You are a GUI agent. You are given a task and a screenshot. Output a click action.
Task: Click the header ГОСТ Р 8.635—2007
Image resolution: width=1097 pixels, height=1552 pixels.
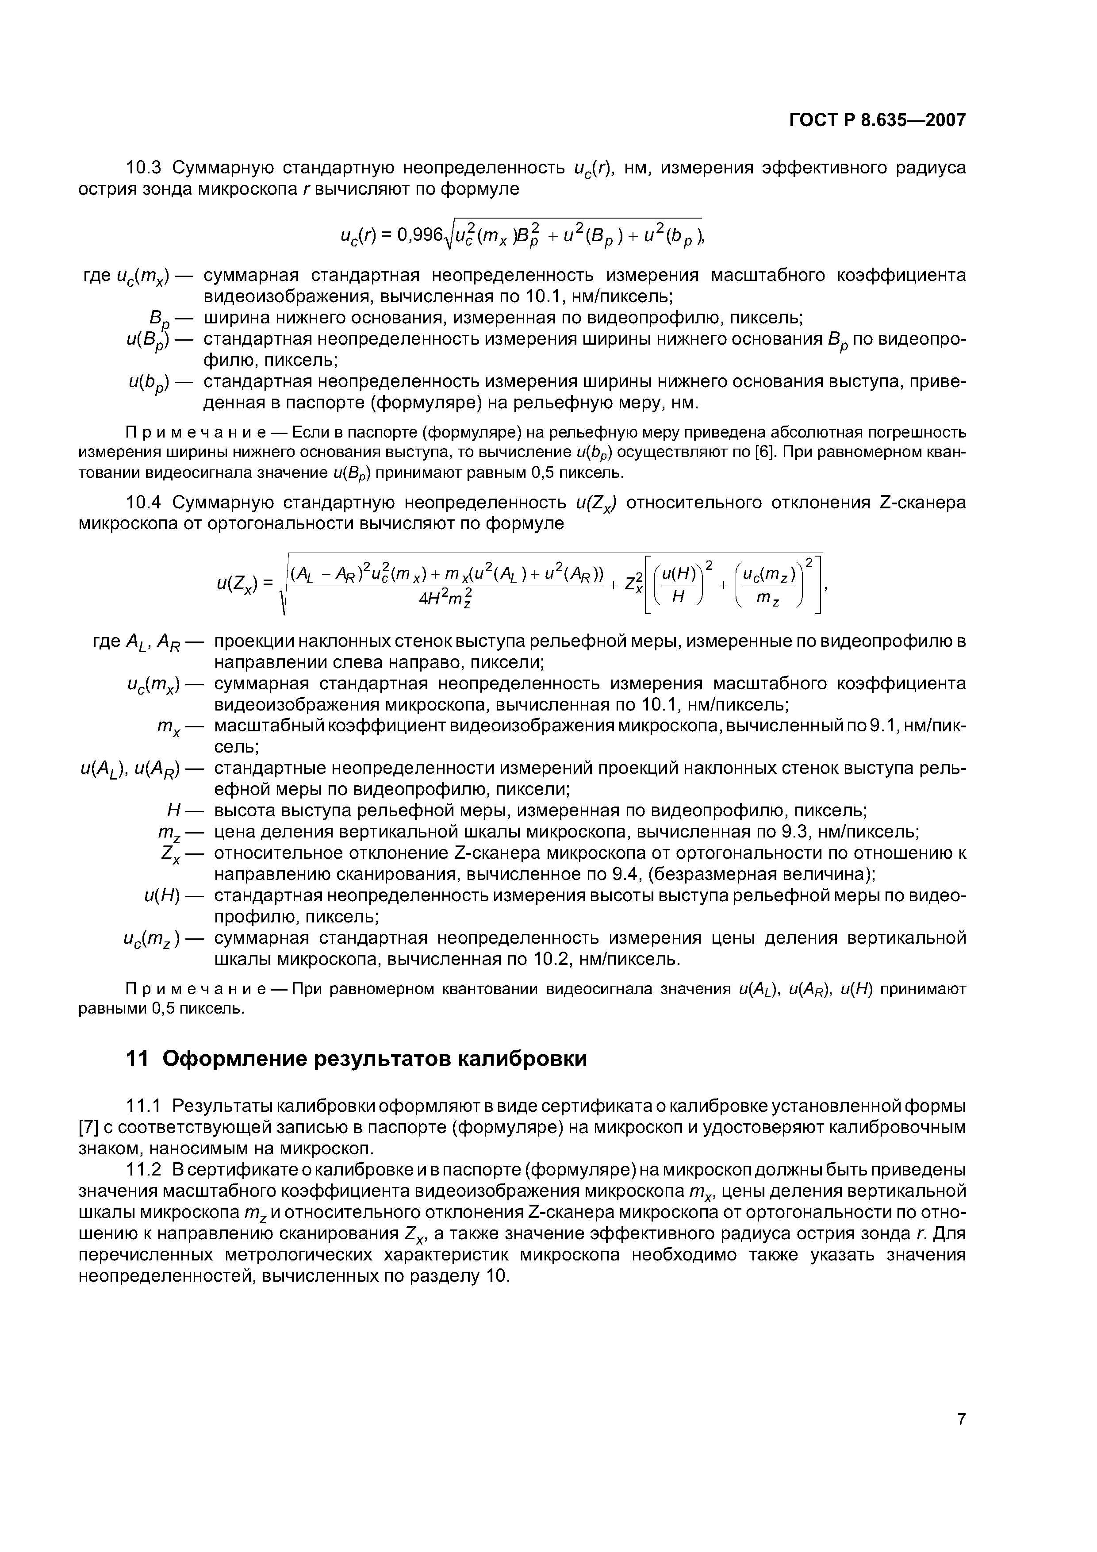point(877,120)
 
